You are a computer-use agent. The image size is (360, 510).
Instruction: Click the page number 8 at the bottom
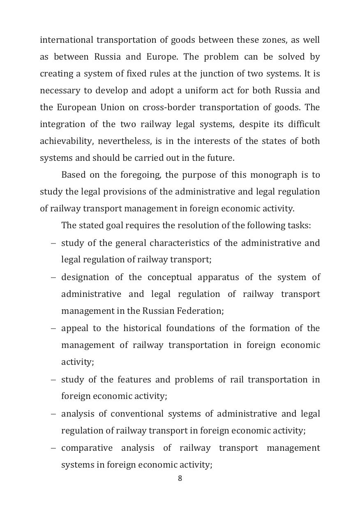[x=180, y=478]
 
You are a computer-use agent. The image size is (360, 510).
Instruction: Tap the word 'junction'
[x=216, y=74]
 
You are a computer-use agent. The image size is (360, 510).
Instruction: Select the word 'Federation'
[x=199, y=311]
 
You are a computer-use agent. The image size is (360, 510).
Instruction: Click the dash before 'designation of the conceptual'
[x=53, y=277]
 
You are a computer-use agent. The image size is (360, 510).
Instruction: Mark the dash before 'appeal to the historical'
[x=53, y=329]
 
